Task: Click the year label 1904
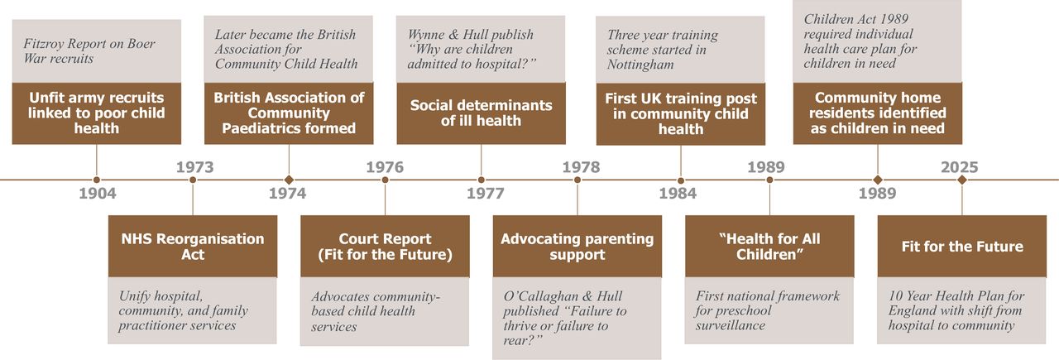coord(98,193)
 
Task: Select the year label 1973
coord(194,167)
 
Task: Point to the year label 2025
coord(959,167)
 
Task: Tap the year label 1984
coord(678,193)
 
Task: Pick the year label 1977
coord(486,193)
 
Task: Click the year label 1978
coord(581,167)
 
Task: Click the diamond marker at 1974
coord(289,180)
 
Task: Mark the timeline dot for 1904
coord(97,180)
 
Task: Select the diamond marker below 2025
coord(961,180)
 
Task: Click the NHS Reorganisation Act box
coord(193,247)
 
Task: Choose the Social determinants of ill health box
coord(481,113)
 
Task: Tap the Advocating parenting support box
coord(577,247)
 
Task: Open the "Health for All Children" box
coord(769,247)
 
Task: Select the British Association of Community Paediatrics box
coord(289,113)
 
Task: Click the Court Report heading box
coord(385,247)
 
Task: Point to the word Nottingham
coord(640,65)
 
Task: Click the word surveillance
coord(731,325)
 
